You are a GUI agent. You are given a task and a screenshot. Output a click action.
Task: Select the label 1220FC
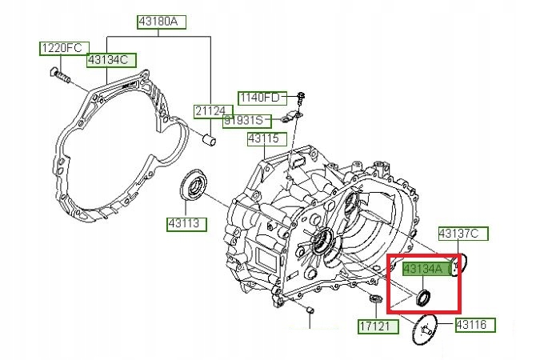tap(61, 48)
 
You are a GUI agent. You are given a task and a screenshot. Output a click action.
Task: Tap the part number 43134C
tap(111, 59)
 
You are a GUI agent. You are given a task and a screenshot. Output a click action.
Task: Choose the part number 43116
tap(475, 325)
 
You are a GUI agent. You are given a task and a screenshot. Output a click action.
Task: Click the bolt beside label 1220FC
tap(60, 78)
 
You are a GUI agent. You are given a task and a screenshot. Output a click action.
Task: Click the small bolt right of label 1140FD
tap(301, 99)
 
